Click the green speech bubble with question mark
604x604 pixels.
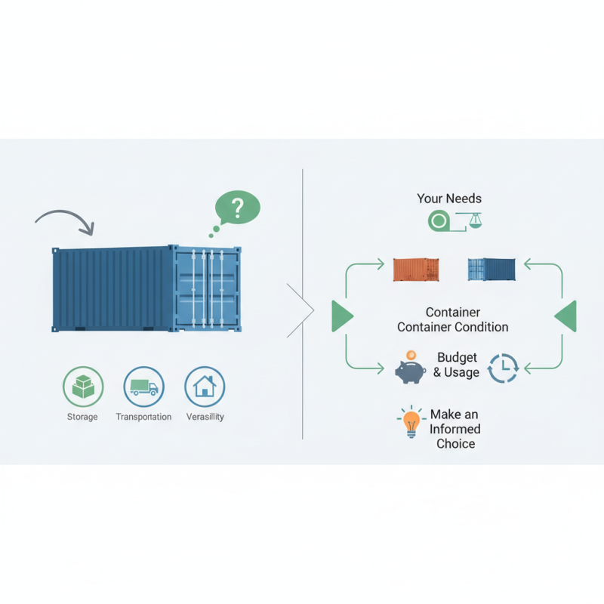237,206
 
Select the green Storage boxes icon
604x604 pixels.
82,387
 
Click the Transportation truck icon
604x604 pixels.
143,387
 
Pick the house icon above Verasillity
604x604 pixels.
205,387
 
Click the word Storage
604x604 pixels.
82,417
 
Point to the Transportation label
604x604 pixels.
143,417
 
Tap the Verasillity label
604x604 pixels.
205,417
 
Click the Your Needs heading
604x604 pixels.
449,199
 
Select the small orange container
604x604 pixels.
416,270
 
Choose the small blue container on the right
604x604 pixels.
492,270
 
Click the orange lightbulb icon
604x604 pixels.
411,423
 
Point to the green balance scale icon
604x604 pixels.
473,220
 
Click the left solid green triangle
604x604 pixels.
341,316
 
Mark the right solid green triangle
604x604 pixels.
566,316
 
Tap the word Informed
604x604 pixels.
455,429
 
